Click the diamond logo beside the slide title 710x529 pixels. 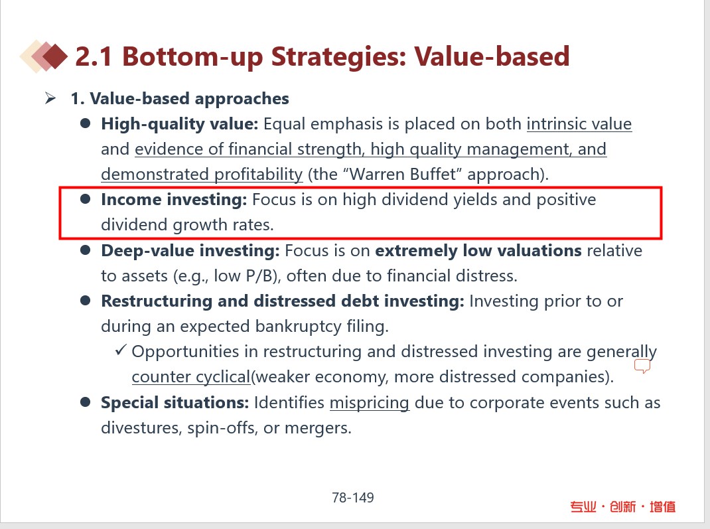coord(44,56)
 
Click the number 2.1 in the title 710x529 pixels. coord(94,56)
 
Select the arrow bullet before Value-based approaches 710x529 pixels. coord(50,98)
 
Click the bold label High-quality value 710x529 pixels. coord(179,124)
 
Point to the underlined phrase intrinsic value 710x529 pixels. coord(579,124)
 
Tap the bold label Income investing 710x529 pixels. coord(174,200)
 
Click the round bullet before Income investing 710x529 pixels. coord(85,199)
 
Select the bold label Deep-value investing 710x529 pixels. coord(190,251)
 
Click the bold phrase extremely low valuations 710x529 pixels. coord(478,250)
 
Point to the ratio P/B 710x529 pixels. coord(261,276)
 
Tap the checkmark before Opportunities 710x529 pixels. coord(121,350)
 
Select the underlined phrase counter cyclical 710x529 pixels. coord(191,377)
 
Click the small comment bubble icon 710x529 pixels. coord(642,366)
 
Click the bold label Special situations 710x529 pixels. coord(175,403)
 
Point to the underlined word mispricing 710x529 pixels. coord(370,403)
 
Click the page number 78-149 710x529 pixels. coord(353,498)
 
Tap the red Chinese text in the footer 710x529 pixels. coord(622,506)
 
